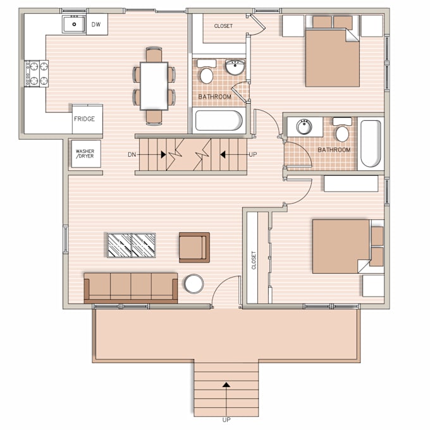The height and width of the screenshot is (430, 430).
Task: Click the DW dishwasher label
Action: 96,25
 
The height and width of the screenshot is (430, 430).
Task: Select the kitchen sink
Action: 74,25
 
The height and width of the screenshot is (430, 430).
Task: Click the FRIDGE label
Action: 84,119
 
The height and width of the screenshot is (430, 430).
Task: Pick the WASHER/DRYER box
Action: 85,154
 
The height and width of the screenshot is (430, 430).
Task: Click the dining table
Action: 154,85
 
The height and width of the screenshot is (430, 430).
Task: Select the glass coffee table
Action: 132,245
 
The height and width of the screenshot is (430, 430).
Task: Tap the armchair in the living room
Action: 193,247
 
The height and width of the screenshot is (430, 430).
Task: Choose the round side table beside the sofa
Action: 193,283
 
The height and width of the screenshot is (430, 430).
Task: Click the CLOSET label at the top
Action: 223,26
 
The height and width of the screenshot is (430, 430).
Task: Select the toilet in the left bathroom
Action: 207,74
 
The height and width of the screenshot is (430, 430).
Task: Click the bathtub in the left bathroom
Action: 218,120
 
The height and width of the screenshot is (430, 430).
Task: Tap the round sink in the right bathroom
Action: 304,126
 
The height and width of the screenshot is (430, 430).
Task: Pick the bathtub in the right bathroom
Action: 371,144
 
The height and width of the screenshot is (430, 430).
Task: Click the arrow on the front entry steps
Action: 226,384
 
